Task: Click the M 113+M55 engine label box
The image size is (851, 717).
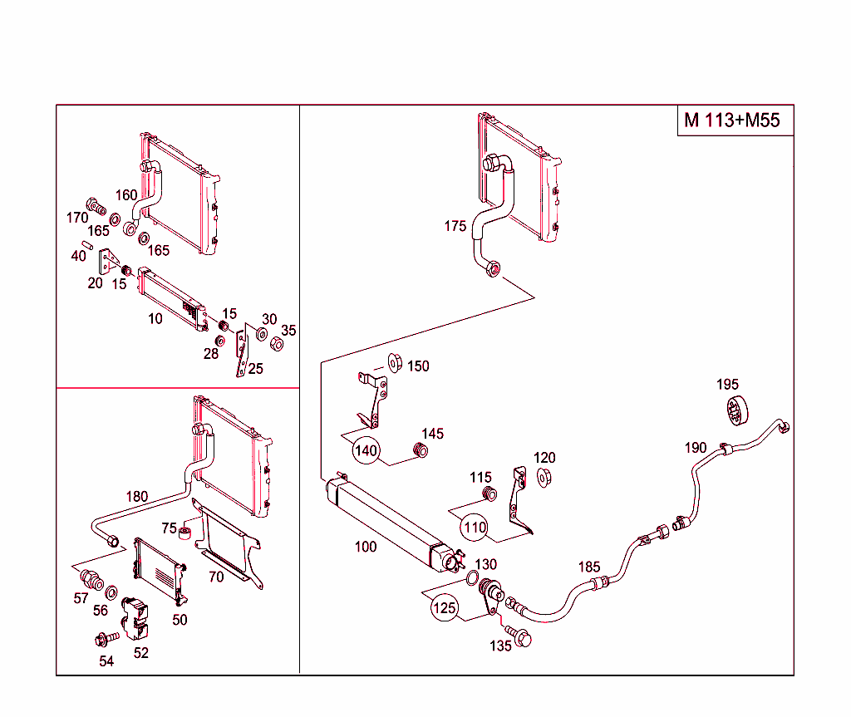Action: click(732, 120)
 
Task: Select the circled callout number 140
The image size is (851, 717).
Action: click(366, 451)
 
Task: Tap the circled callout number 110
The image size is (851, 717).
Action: click(475, 527)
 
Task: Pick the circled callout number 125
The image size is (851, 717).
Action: click(445, 608)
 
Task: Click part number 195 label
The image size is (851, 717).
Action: click(727, 384)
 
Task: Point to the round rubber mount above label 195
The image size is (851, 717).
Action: click(734, 410)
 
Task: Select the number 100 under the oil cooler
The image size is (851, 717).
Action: click(365, 547)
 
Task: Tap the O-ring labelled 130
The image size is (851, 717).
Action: click(471, 579)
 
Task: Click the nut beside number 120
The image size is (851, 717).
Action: click(545, 477)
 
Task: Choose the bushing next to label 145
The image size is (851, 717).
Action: click(421, 451)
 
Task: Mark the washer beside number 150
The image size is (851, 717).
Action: click(396, 363)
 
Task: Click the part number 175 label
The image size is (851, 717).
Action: click(455, 226)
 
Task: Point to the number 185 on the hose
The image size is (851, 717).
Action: click(588, 567)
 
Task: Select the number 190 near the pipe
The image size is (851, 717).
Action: click(696, 448)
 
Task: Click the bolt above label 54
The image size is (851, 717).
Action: click(106, 639)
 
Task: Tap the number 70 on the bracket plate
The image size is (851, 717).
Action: click(216, 577)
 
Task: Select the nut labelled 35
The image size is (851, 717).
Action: click(278, 343)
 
